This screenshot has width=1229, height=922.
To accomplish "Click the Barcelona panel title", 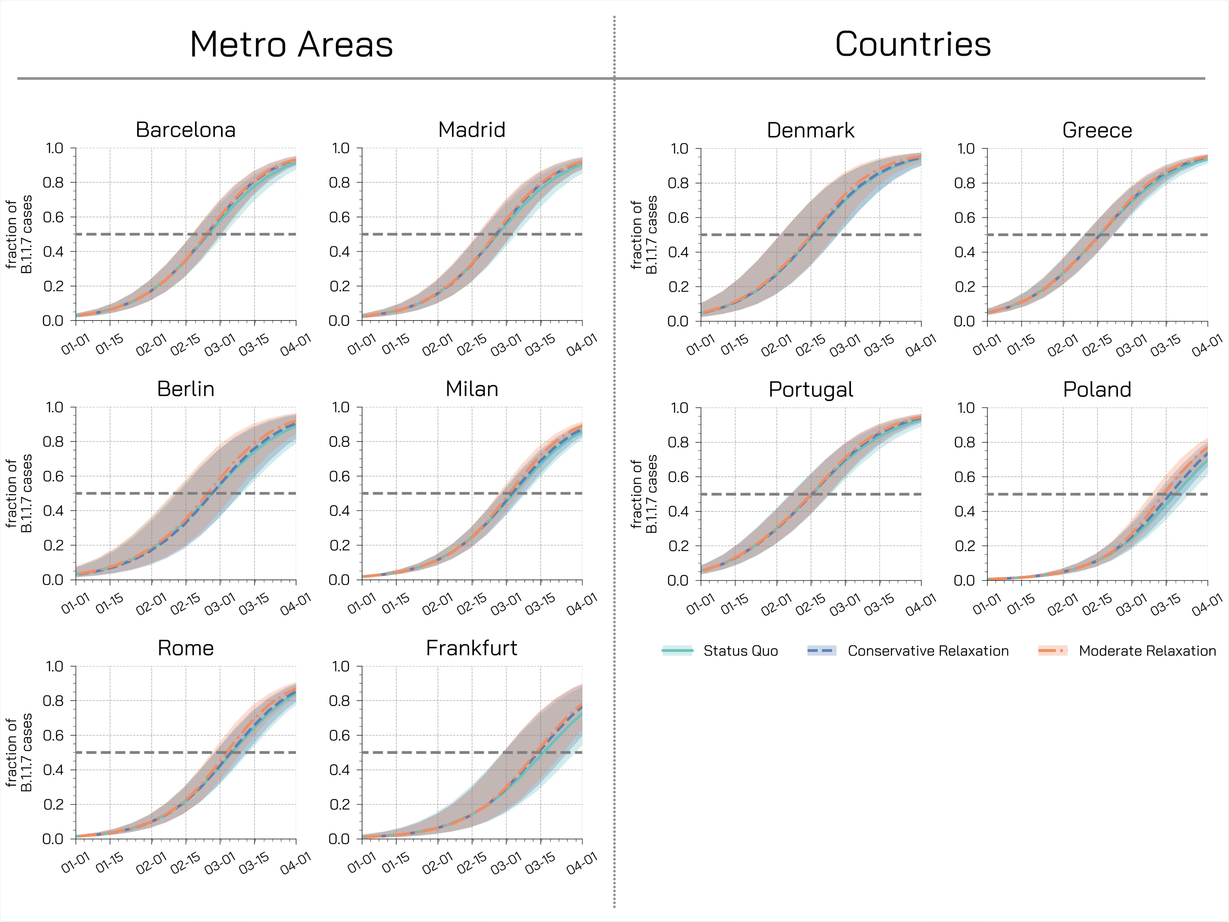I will (186, 130).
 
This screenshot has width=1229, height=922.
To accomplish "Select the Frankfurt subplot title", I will (471, 648).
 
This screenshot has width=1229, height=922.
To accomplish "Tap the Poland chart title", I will (1097, 389).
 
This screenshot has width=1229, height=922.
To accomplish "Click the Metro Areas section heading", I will (291, 44).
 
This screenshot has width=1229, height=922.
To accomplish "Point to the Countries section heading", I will (913, 44).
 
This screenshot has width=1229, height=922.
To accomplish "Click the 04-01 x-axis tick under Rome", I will (296, 864).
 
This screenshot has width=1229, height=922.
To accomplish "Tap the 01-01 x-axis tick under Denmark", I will (700, 345).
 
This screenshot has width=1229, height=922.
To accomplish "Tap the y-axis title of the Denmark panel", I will (644, 235).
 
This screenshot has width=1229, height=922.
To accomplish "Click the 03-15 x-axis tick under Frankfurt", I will (540, 863).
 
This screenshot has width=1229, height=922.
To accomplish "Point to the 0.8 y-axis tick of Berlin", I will (53, 442).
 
